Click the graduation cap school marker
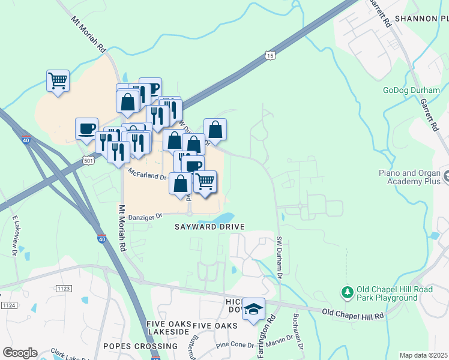pos(255,308)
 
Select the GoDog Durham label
pos(412,91)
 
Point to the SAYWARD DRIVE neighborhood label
pos(209,227)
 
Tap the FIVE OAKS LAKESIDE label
pos(169,329)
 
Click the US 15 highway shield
pos(270,56)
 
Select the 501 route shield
pos(88,160)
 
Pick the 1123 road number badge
pos(64,289)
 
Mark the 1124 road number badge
pos(9,305)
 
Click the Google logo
pos(20,353)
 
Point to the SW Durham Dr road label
pos(279,257)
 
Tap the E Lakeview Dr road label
pos(14,237)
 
